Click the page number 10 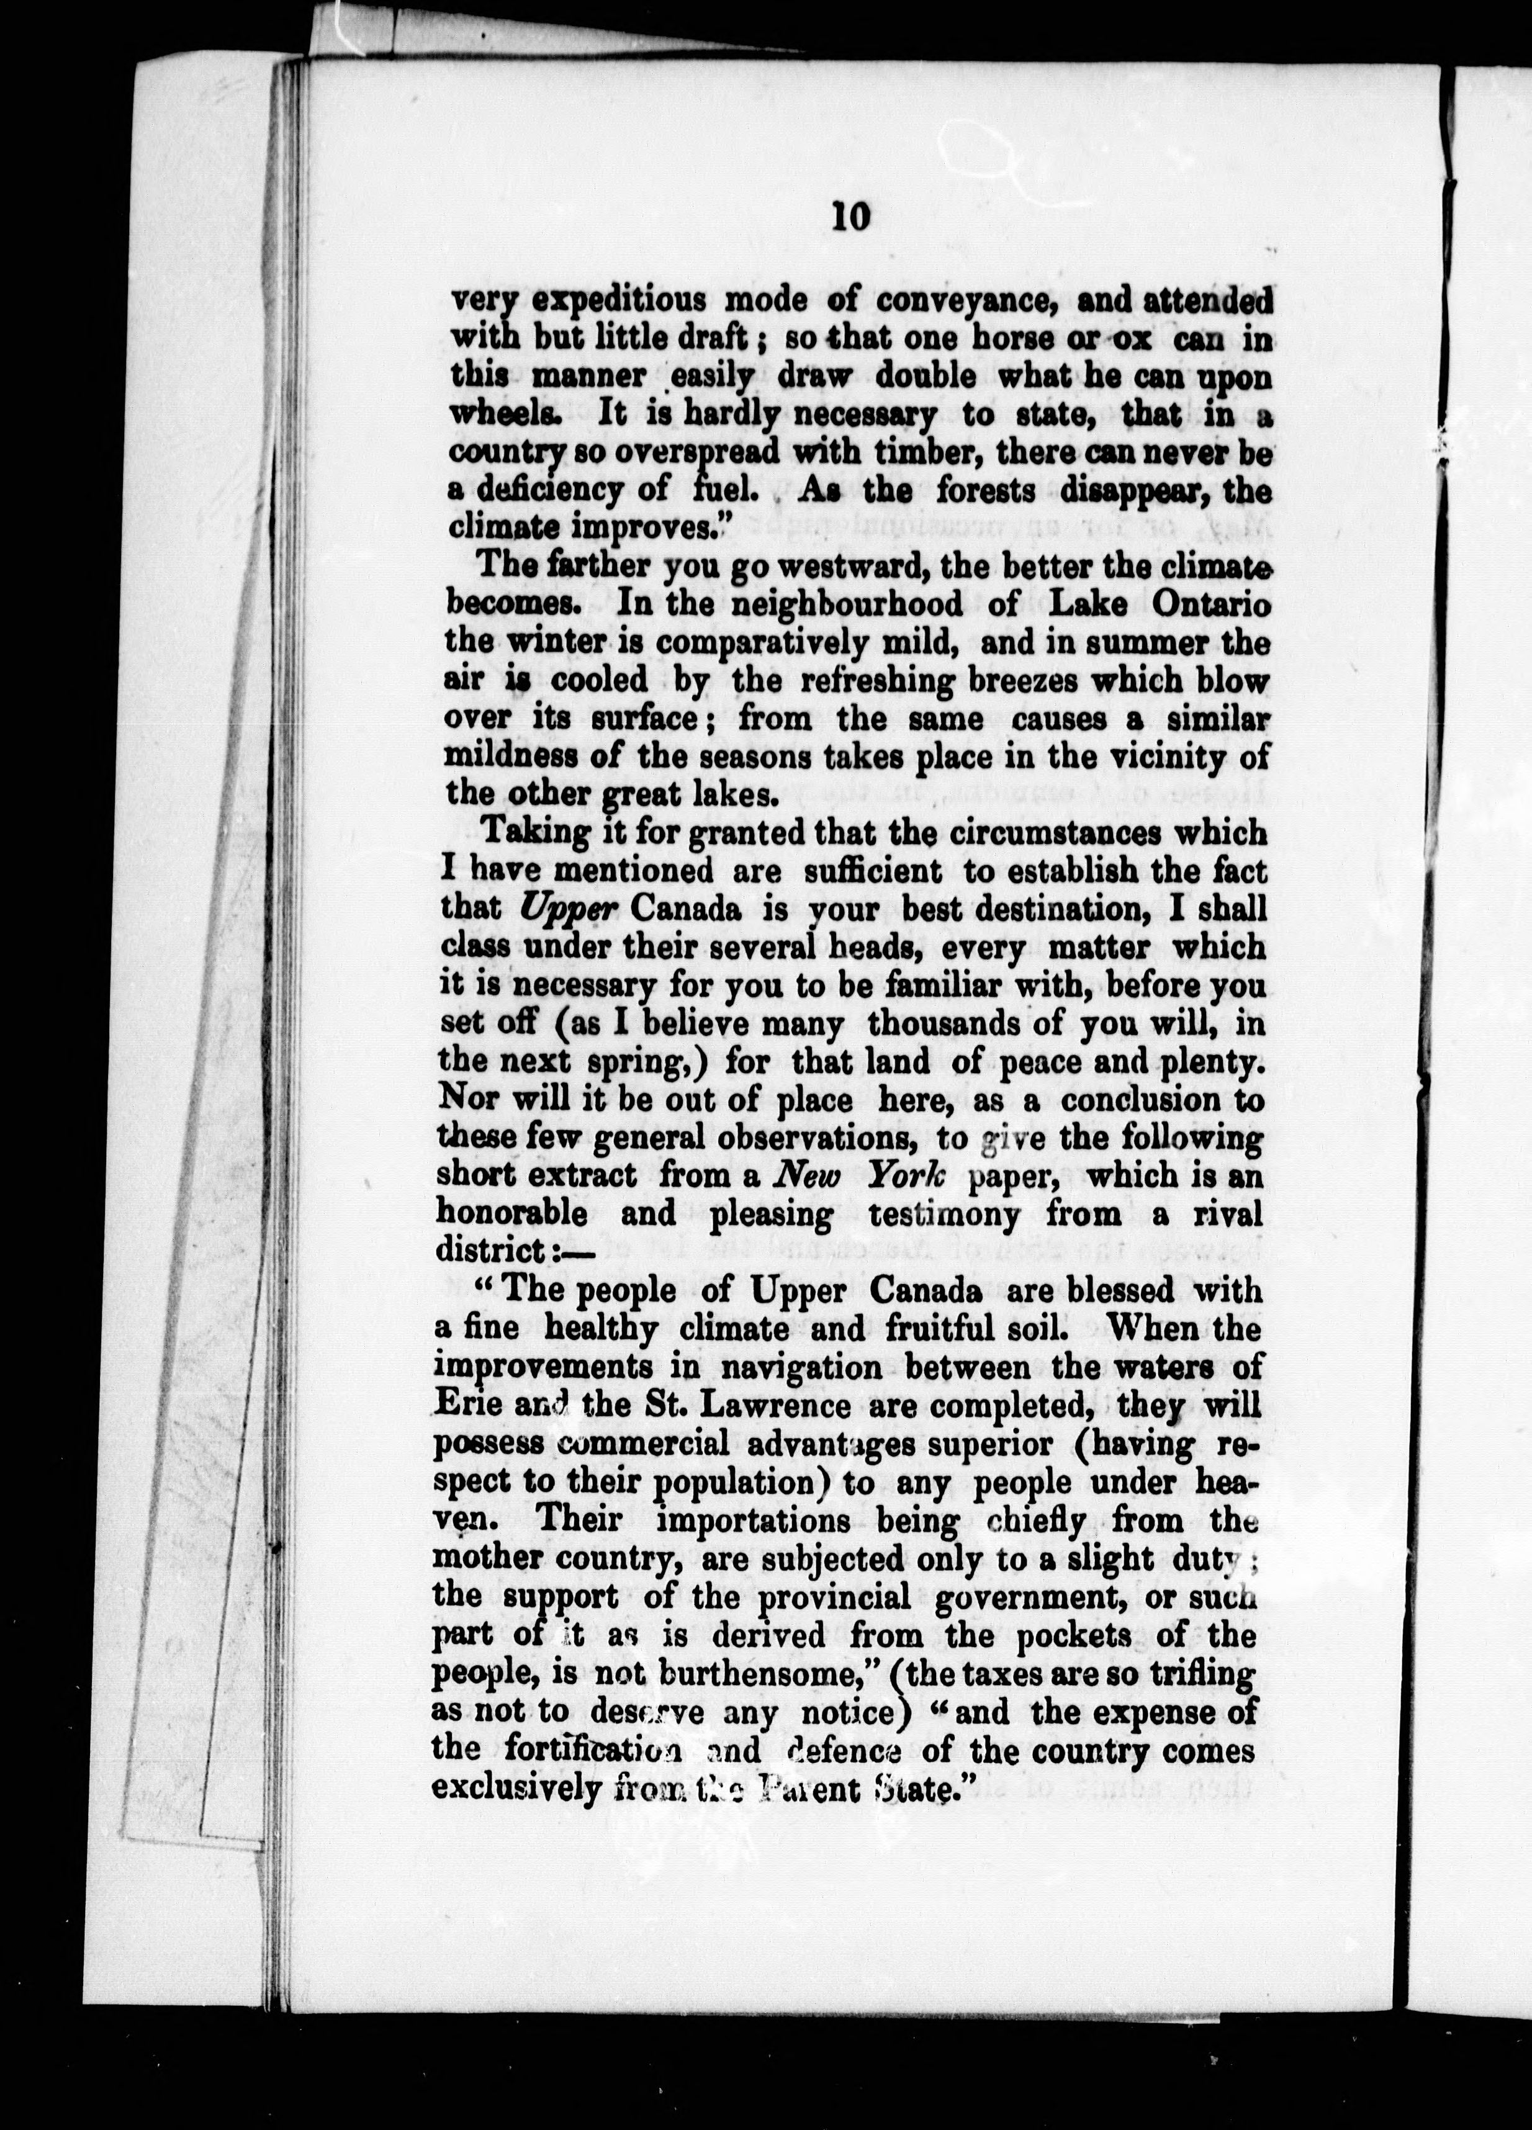pos(852,217)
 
